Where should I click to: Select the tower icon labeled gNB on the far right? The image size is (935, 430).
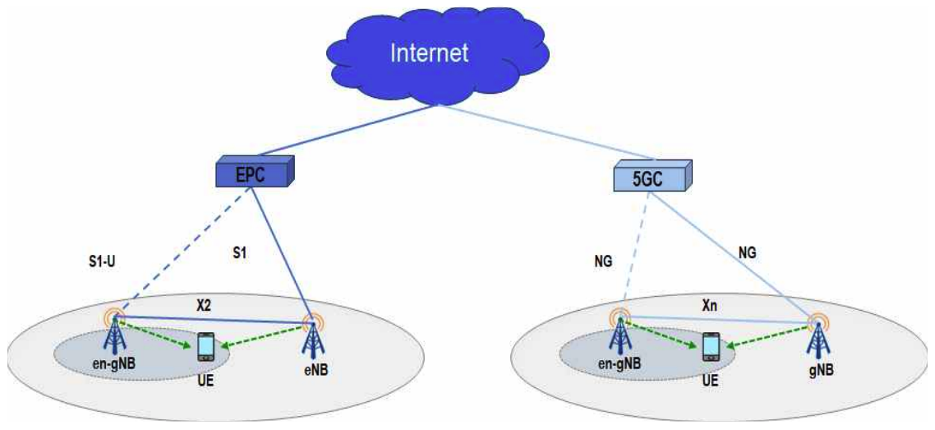(x=817, y=337)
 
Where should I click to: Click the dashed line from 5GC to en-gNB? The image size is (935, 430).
(x=634, y=251)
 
